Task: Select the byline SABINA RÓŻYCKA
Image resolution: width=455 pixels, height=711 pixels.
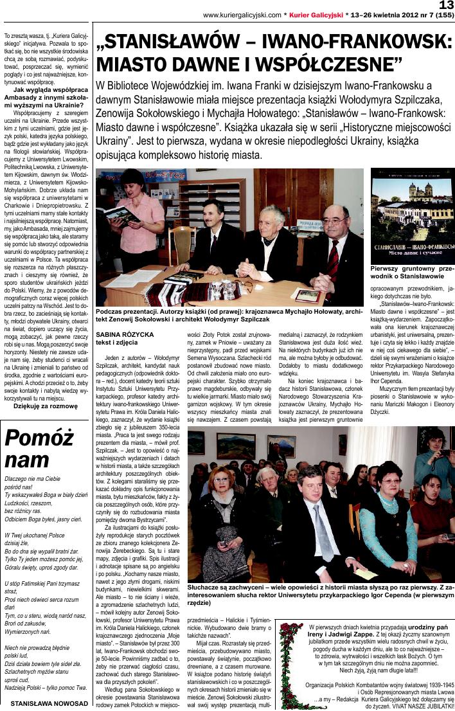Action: (125, 334)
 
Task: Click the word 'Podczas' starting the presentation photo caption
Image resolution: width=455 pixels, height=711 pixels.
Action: (109, 310)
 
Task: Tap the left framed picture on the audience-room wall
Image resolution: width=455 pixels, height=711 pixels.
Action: (235, 445)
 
